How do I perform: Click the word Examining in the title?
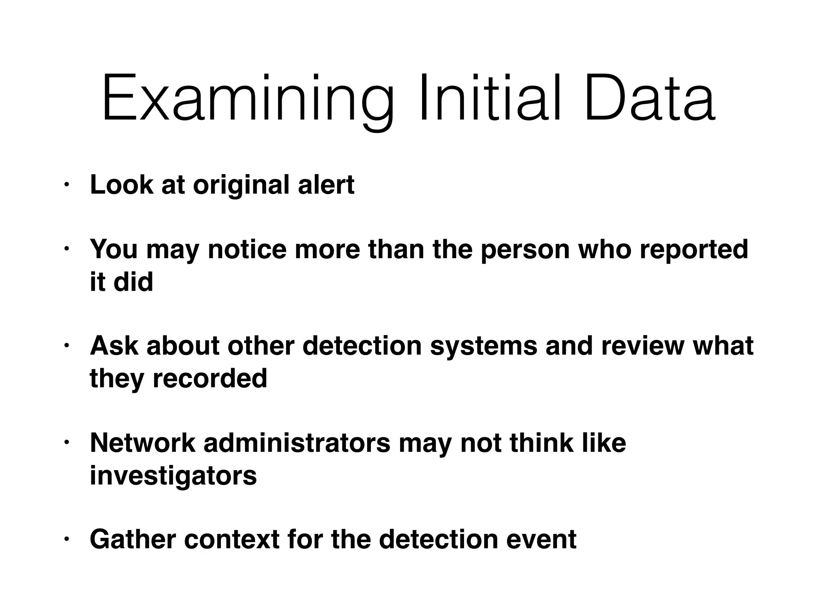tap(247, 99)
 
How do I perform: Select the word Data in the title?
tap(650, 98)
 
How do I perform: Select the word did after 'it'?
tap(133, 282)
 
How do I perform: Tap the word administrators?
tap(297, 442)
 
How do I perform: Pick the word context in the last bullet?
tap(232, 539)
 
